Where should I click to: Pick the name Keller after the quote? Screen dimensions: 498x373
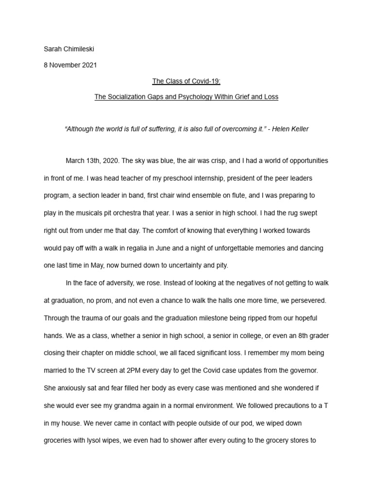298,129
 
